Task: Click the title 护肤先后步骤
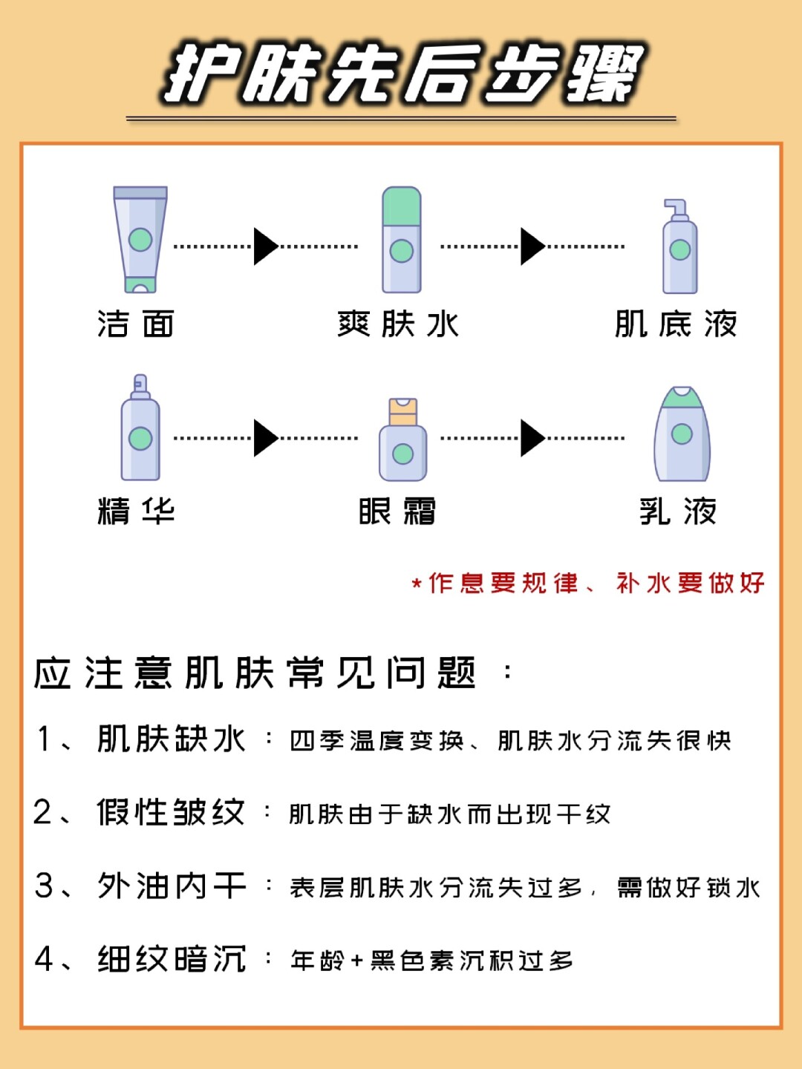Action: point(402,73)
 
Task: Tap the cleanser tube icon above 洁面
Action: point(140,239)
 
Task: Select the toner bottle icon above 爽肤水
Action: point(402,239)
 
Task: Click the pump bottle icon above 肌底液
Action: point(679,248)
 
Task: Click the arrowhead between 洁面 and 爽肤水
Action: point(265,246)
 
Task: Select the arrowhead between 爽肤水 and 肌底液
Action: point(532,246)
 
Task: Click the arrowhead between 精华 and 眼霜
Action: point(265,438)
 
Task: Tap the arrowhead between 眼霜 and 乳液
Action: point(532,438)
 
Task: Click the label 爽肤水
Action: point(398,324)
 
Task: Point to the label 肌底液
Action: point(676,324)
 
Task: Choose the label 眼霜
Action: point(397,511)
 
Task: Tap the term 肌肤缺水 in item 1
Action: point(172,739)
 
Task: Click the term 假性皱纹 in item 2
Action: point(172,812)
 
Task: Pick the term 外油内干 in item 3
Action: point(172,886)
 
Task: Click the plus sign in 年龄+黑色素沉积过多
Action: point(356,961)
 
